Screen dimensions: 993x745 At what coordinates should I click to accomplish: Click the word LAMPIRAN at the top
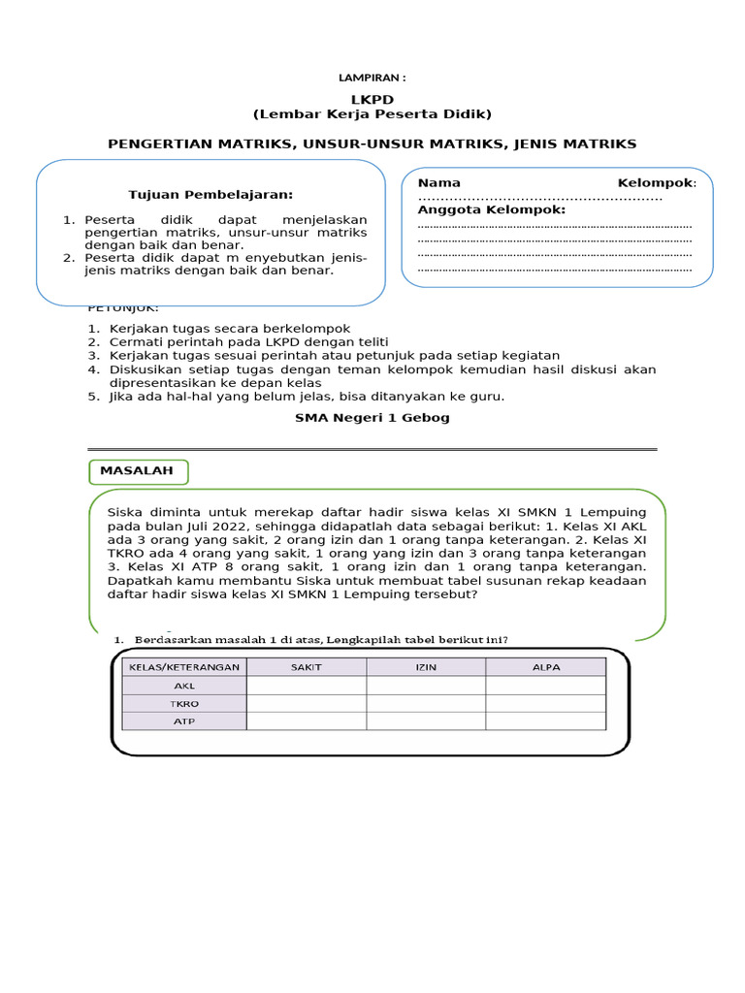point(370,78)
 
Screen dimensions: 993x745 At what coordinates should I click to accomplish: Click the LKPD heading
point(372,100)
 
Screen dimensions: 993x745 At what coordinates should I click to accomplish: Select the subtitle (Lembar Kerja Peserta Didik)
point(372,114)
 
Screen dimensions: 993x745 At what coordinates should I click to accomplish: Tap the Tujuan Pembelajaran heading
point(211,195)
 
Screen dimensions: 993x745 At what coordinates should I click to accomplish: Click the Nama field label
point(438,183)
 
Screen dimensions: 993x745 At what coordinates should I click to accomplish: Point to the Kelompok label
point(655,183)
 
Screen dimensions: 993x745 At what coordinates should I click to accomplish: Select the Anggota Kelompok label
point(491,209)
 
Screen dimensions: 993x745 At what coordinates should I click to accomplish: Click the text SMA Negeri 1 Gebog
point(372,418)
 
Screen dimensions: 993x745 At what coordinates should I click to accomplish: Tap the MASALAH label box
point(138,471)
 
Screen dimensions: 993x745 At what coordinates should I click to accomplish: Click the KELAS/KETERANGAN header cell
point(184,667)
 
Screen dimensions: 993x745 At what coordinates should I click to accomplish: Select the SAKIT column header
point(307,667)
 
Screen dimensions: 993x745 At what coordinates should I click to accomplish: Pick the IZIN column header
point(426,667)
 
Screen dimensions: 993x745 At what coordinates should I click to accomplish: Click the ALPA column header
point(545,667)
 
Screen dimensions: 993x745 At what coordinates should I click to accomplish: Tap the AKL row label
point(184,686)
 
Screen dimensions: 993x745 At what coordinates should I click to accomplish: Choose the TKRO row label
point(184,703)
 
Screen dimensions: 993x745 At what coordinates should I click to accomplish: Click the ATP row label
point(184,721)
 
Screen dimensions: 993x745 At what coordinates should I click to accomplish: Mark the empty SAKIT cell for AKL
point(307,686)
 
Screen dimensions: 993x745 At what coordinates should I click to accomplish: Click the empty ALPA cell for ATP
point(545,721)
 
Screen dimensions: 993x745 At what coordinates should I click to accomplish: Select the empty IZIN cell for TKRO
point(426,703)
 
